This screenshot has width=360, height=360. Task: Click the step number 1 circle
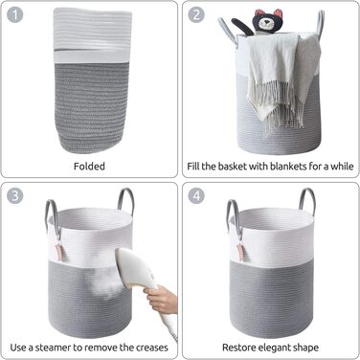pos(15,14)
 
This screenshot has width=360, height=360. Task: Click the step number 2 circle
pos(196,14)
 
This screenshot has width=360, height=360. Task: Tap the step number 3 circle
pos(15,195)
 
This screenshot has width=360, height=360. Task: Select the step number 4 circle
pos(196,195)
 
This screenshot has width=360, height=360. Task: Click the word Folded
pos(89,167)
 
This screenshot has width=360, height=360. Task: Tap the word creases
pos(152,348)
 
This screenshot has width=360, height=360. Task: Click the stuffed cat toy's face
pos(265,22)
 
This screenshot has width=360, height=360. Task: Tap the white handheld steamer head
pos(135,267)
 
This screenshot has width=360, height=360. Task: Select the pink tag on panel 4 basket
pos(241,252)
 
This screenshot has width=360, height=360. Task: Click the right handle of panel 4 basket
pos(307,199)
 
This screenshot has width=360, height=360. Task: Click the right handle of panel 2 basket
pos(320,22)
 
